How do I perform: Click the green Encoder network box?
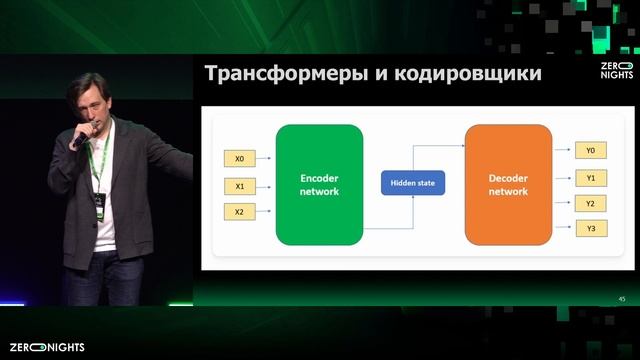pos(319,185)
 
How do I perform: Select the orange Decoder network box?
pos(508,185)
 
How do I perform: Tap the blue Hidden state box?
pos(413,185)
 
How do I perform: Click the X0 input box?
pos(239,158)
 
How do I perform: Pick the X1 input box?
pos(239,185)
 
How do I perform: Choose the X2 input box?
pos(239,212)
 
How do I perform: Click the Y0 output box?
pos(590,151)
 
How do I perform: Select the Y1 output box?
pos(590,178)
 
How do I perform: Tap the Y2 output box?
pos(590,204)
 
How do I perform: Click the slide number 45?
pos(622,299)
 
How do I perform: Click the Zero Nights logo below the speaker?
pos(47,347)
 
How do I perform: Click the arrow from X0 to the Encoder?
pos(265,158)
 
